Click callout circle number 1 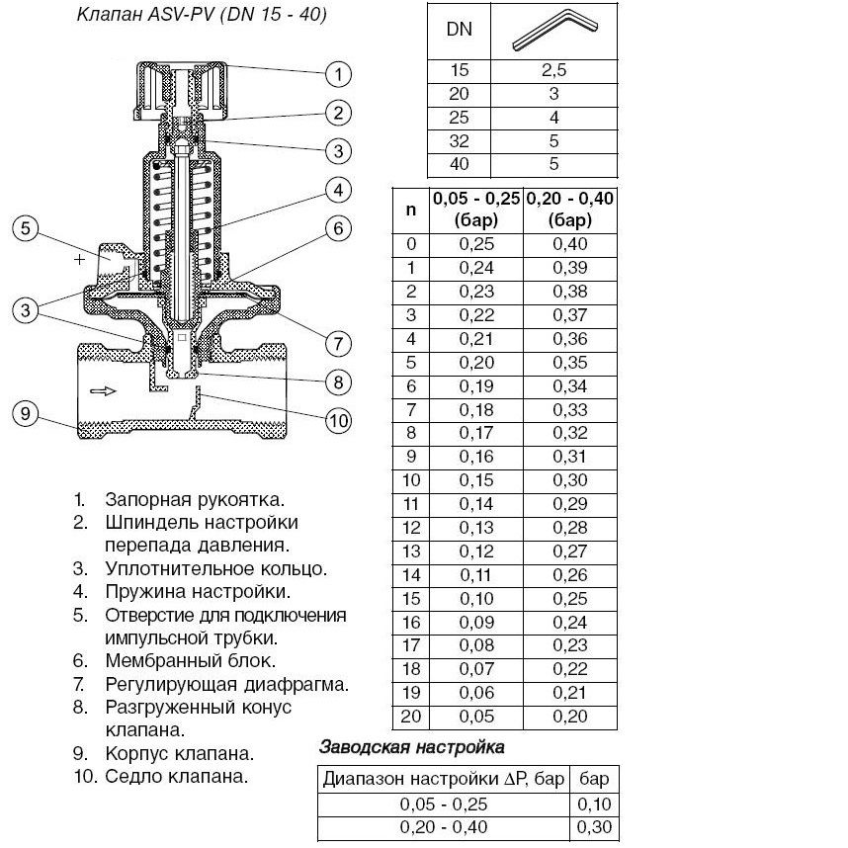[x=338, y=74]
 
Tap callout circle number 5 [x=27, y=229]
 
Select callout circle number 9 [x=27, y=413]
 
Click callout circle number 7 [x=338, y=343]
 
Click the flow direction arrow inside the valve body [x=102, y=391]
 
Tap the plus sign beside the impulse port [x=79, y=260]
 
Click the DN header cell [x=460, y=30]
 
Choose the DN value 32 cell [x=460, y=141]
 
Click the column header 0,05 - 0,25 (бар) [x=475, y=209]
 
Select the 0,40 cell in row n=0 [x=569, y=244]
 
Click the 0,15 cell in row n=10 [x=475, y=480]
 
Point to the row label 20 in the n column [x=411, y=717]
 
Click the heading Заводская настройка [x=411, y=746]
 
